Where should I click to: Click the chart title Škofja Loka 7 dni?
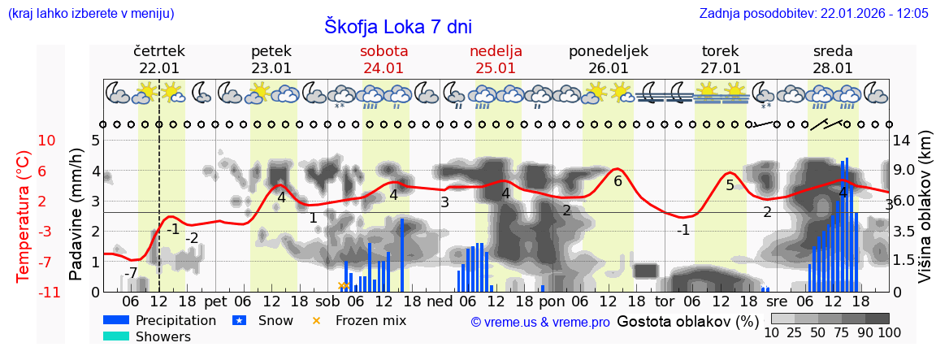coord(397,26)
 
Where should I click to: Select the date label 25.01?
coord(496,68)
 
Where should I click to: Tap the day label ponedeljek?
coord(608,51)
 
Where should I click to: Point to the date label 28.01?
coord(833,68)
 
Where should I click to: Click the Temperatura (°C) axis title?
coord(24,216)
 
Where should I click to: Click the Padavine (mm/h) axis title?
coord(76,215)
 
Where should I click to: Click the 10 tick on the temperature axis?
coord(46,141)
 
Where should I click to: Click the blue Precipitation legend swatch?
coord(116,321)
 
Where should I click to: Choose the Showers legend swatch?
coord(116,336)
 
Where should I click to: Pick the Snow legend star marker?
coord(240,321)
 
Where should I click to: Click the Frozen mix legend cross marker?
coord(317,321)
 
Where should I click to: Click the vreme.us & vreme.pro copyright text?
coord(540,322)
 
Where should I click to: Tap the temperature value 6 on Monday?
coord(617,181)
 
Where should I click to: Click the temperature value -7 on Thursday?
coord(131,272)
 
